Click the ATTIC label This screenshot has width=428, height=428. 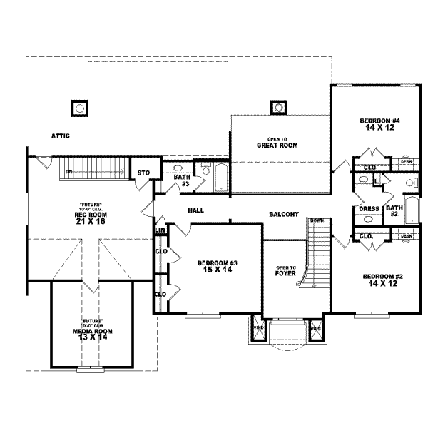click(x=59, y=136)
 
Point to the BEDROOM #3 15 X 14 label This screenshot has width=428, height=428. click(x=217, y=267)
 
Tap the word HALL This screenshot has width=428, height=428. click(x=196, y=210)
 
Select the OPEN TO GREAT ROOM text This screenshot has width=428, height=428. click(x=277, y=143)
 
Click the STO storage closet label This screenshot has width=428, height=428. click(x=143, y=173)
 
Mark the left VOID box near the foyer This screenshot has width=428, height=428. click(x=258, y=328)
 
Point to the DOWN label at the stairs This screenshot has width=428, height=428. click(x=317, y=220)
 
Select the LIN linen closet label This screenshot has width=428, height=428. click(x=160, y=230)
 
